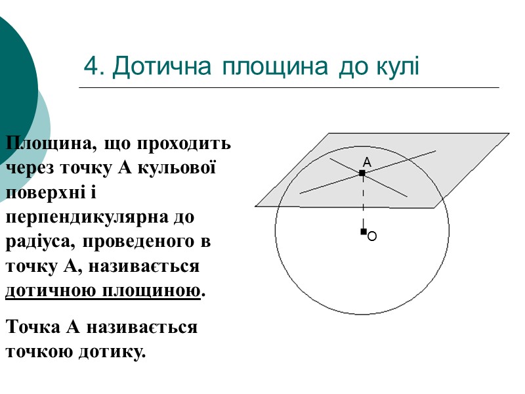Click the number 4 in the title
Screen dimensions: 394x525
[x=91, y=67]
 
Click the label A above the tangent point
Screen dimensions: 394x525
[x=367, y=162]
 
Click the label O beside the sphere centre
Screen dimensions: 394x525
[x=372, y=236]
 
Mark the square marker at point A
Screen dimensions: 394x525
[x=362, y=173]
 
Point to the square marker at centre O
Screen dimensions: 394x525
[x=363, y=232]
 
